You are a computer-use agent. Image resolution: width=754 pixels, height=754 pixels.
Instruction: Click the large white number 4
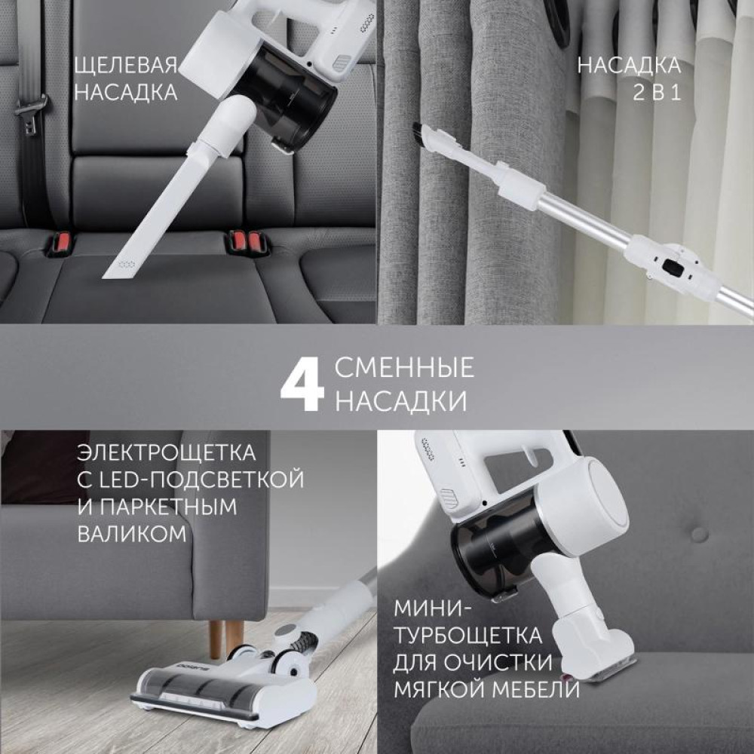(x=302, y=385)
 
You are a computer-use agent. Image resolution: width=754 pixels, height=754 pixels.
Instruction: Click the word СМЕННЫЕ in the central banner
(x=404, y=368)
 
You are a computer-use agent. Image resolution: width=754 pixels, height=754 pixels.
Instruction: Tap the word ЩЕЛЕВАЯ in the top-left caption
(x=126, y=65)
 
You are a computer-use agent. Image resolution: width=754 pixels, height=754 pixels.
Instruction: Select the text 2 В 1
(x=657, y=92)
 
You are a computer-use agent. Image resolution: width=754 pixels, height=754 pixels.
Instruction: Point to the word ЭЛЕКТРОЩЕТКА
(x=166, y=453)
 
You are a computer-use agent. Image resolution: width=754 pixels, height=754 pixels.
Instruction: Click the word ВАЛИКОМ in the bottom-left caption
(x=132, y=534)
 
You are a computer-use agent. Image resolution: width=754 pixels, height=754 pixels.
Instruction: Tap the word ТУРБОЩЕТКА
(x=467, y=635)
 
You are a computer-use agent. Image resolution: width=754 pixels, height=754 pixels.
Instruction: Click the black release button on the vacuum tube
(x=674, y=267)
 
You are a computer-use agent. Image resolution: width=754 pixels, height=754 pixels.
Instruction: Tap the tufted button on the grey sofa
(x=699, y=534)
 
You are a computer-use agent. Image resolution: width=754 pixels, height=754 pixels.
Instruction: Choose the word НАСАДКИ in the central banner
(x=400, y=400)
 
